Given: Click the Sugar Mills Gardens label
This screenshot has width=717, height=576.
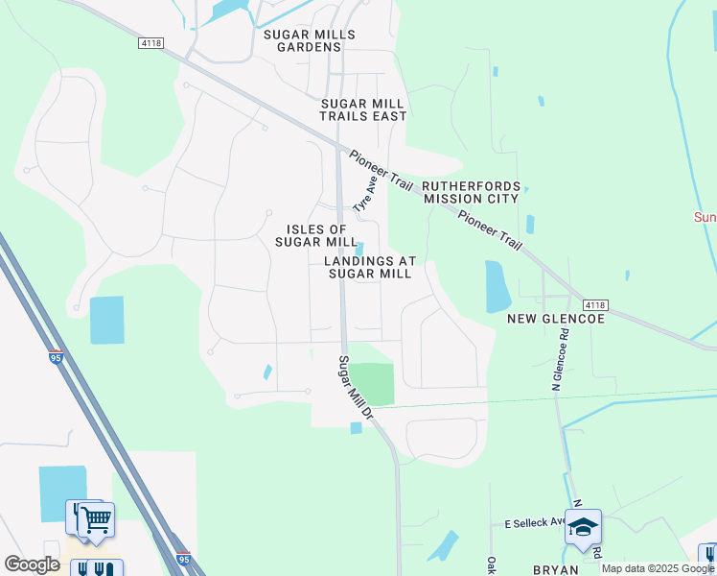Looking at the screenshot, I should pyautogui.click(x=310, y=40).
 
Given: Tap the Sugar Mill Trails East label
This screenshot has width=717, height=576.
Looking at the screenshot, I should pyautogui.click(x=363, y=109).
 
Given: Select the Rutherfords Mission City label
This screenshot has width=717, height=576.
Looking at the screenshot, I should pyautogui.click(x=471, y=192).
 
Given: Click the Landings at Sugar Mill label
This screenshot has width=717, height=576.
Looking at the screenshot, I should pyautogui.click(x=370, y=267).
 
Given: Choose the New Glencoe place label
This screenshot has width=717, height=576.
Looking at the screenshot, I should pyautogui.click(x=556, y=318).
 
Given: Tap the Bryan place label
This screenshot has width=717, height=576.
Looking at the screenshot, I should pyautogui.click(x=555, y=569).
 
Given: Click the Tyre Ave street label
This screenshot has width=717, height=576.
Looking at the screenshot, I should pyautogui.click(x=364, y=195).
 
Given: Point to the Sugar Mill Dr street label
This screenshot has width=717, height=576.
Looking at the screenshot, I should pyautogui.click(x=353, y=389).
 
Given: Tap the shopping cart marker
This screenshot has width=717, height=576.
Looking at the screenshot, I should pyautogui.click(x=95, y=520).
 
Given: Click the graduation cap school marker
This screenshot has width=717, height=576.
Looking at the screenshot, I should pyautogui.click(x=583, y=526).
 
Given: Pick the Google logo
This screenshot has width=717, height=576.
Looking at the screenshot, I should pyautogui.click(x=31, y=564).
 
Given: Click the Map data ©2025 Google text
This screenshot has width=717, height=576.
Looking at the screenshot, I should pyautogui.click(x=658, y=568).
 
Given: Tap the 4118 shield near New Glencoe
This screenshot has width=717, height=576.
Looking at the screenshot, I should pyautogui.click(x=593, y=304).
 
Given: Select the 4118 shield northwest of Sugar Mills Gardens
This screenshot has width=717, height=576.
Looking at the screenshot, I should pyautogui.click(x=150, y=42).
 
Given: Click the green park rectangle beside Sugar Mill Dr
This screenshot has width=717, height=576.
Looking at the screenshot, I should pyautogui.click(x=371, y=384).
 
